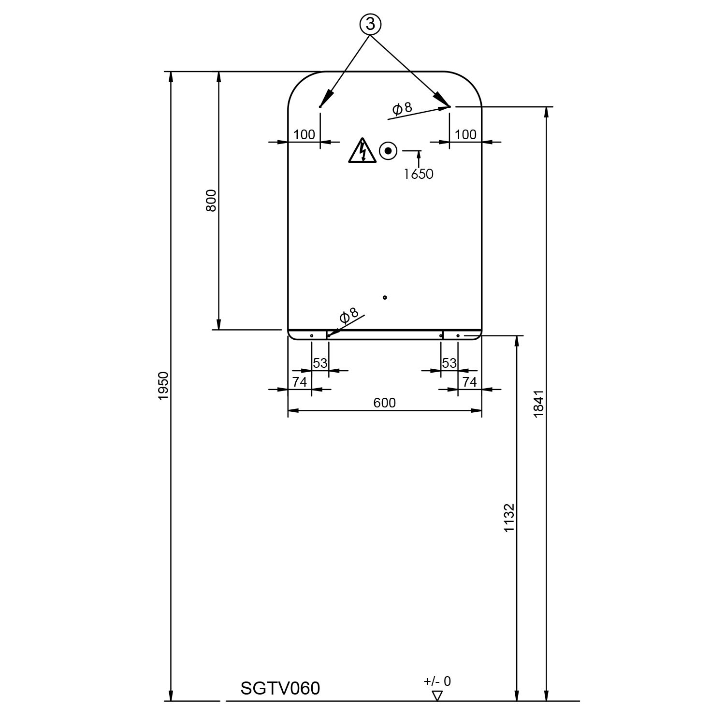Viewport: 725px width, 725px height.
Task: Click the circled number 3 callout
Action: (370, 24)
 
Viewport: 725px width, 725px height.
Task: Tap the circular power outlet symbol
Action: (388, 151)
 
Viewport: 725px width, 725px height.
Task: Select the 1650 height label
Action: (419, 174)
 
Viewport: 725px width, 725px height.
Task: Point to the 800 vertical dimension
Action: (211, 201)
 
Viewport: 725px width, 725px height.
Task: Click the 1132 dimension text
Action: (509, 518)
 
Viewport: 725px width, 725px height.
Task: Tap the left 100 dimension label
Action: (304, 134)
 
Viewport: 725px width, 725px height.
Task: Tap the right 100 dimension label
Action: (465, 134)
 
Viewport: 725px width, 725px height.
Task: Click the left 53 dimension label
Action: (320, 363)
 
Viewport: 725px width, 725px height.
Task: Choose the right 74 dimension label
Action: (469, 382)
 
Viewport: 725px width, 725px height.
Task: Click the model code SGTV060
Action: (280, 688)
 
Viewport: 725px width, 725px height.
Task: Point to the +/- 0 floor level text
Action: (437, 681)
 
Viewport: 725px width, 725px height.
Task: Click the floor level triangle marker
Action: (437, 696)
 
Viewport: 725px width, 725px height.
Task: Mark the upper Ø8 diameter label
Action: (402, 108)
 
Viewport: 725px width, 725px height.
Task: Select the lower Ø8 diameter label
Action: (349, 315)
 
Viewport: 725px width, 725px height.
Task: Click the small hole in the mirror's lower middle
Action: (385, 297)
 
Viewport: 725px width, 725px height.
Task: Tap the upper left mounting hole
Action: (320, 106)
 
